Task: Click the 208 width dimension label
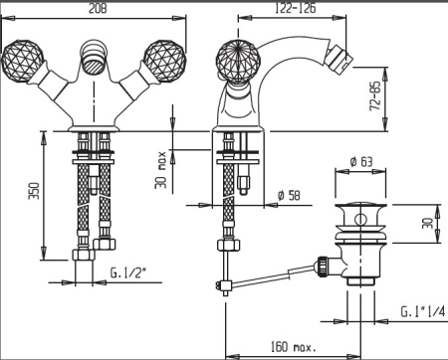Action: point(98,8)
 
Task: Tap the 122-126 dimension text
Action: point(296,8)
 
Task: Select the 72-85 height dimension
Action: point(375,95)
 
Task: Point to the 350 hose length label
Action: point(35,191)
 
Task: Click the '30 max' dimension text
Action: point(160,170)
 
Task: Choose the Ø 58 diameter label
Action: point(289,195)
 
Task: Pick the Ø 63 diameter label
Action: point(361,161)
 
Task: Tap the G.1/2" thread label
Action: point(128,273)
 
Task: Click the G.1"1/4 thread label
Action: point(423,311)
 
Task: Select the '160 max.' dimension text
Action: point(294,347)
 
